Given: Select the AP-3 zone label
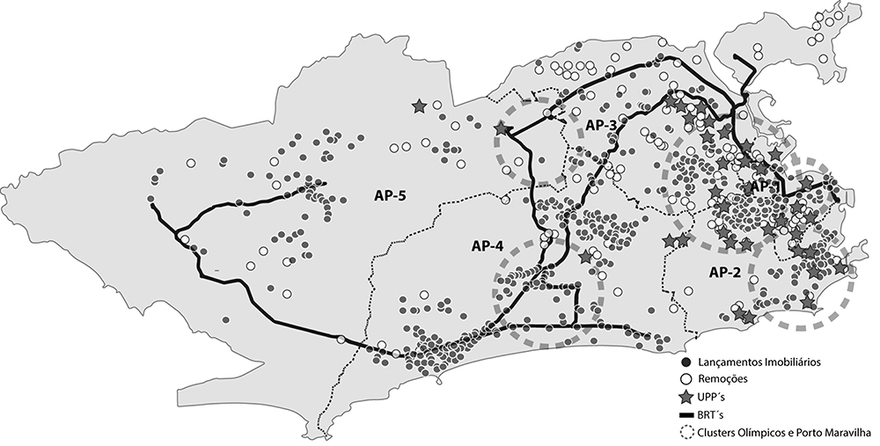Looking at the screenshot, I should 601,126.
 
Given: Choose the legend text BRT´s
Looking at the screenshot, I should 713,414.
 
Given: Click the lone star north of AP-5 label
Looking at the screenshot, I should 419,106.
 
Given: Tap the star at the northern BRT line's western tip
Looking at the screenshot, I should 502,128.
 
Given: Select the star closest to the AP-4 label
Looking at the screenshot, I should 586,257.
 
